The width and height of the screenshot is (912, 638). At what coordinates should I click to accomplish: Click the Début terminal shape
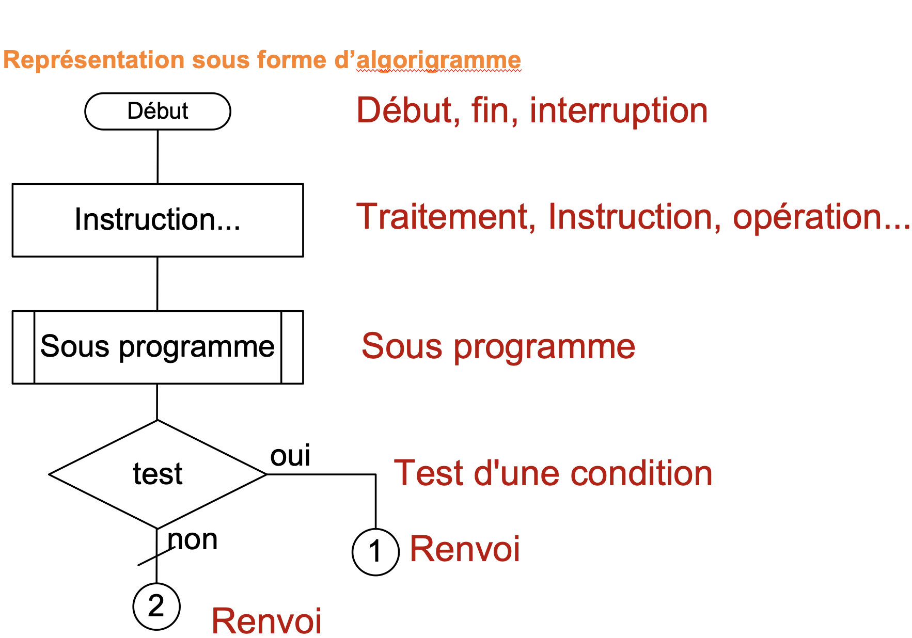click(158, 111)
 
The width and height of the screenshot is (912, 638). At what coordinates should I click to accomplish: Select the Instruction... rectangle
click(158, 220)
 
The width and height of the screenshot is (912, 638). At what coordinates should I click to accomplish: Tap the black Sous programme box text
click(158, 346)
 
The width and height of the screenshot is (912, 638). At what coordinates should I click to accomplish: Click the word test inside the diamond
click(158, 474)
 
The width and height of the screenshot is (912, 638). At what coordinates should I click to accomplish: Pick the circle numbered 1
click(375, 552)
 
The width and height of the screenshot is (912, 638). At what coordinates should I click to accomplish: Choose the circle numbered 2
click(156, 607)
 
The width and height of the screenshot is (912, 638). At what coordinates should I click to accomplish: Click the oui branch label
click(290, 456)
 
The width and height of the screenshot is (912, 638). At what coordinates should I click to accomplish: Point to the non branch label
click(193, 540)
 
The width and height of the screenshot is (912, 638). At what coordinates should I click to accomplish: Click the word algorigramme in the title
click(438, 60)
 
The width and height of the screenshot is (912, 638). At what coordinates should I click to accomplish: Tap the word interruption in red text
click(618, 110)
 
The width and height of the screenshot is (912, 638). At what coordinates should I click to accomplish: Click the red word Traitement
click(443, 216)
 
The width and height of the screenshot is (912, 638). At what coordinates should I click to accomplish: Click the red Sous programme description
click(498, 346)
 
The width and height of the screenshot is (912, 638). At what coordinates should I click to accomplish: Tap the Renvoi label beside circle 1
click(465, 549)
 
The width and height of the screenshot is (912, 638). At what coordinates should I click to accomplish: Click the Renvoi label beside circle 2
click(266, 620)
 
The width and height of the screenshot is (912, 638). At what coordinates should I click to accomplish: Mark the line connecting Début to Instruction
click(158, 156)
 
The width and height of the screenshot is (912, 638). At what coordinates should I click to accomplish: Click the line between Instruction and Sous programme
click(158, 283)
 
